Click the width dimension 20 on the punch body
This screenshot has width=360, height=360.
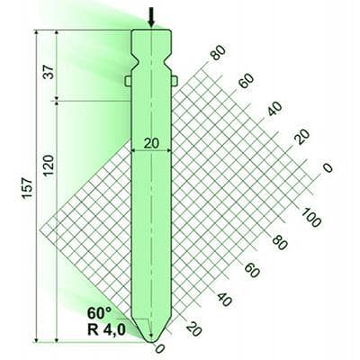[x=151, y=141]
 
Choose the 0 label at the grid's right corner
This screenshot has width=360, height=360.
[x=328, y=167]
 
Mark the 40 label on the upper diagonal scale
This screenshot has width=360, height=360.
[x=274, y=110]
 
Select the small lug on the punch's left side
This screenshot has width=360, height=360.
[x=128, y=81]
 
